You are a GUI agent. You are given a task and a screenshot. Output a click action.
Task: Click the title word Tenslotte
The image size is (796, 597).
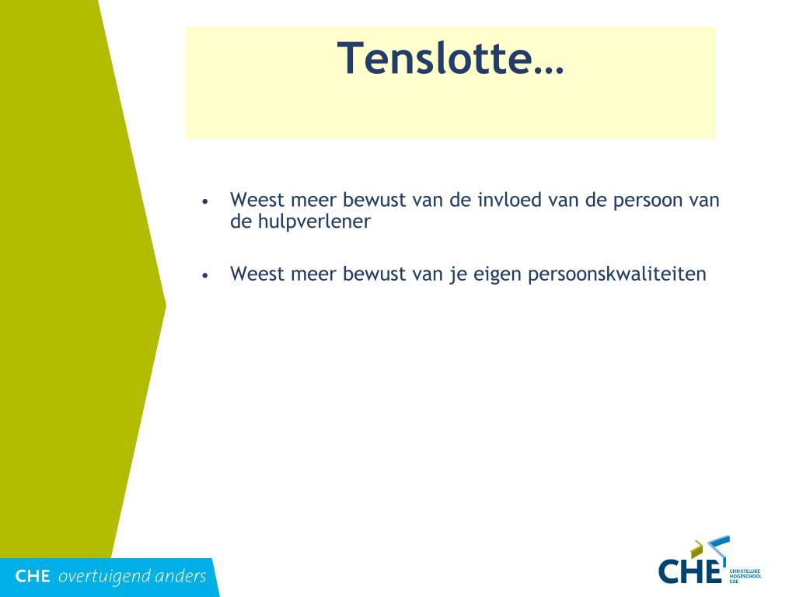click(x=450, y=58)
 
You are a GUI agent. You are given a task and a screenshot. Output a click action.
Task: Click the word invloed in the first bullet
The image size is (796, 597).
click(x=510, y=200)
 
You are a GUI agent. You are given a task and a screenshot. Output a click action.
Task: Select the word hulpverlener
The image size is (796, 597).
click(x=314, y=222)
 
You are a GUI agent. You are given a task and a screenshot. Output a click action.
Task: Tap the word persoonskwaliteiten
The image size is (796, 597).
click(x=616, y=274)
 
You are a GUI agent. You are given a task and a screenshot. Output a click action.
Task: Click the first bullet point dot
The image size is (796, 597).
click(x=205, y=201)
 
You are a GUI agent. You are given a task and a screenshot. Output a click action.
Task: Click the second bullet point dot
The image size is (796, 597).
click(x=205, y=276)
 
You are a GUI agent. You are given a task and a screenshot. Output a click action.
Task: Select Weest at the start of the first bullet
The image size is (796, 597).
click(x=257, y=200)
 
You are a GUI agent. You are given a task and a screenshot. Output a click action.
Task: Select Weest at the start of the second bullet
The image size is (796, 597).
click(x=257, y=274)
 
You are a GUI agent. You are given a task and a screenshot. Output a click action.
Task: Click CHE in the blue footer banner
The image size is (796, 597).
click(x=33, y=576)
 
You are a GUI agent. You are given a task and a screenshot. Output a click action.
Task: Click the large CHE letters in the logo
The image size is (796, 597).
click(x=690, y=571)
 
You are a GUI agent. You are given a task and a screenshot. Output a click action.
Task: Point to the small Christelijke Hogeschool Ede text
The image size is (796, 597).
click(x=745, y=576)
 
